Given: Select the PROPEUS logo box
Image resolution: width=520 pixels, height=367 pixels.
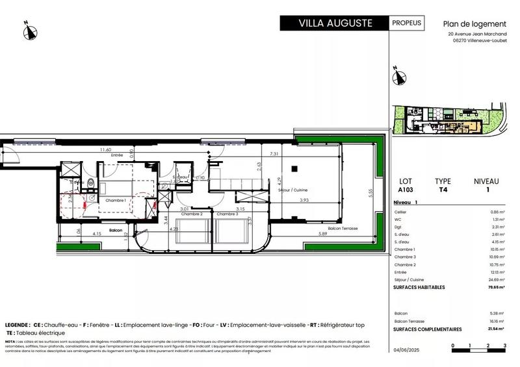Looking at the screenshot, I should pos(407,23).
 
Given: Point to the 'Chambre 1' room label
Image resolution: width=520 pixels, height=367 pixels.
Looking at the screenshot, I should pos(116,201).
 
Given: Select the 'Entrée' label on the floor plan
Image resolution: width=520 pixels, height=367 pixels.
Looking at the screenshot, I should pos(117,155).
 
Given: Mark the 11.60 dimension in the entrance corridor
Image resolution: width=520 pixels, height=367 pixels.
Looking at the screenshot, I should pos(105,150).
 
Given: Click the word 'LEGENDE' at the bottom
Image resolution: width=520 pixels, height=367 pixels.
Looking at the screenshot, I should pos(17,324).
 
